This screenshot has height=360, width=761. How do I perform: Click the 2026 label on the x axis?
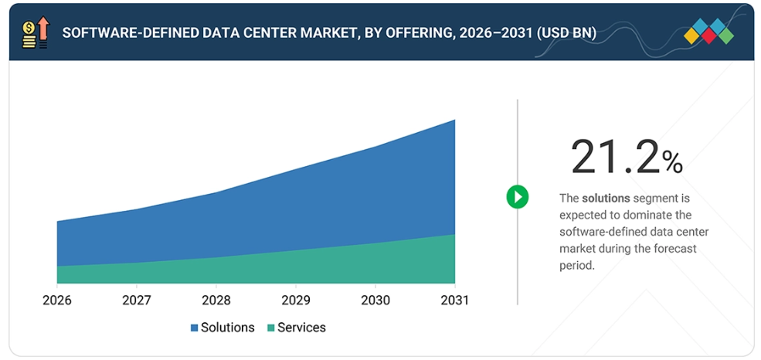[56, 301]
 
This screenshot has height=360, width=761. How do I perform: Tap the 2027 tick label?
[137, 301]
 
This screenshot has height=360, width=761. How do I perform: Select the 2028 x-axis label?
[216, 301]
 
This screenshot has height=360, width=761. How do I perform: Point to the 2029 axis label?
[296, 301]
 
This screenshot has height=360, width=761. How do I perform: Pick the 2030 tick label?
[375, 301]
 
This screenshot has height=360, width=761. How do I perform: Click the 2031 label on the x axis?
[455, 301]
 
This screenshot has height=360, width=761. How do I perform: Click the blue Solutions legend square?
[194, 328]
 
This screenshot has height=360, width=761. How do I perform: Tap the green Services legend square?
[271, 328]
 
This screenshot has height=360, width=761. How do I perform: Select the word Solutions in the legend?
[228, 328]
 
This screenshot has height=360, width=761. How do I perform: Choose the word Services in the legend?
[301, 328]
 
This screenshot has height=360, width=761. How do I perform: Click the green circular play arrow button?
[518, 197]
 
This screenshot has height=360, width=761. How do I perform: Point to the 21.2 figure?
[616, 156]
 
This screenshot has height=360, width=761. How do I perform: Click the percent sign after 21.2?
[673, 162]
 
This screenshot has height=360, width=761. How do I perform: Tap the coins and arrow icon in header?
[36, 32]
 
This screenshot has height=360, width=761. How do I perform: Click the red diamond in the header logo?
[708, 36]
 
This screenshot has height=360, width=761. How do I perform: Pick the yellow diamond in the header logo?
[691, 36]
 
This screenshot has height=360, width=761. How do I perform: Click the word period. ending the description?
[576, 267]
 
